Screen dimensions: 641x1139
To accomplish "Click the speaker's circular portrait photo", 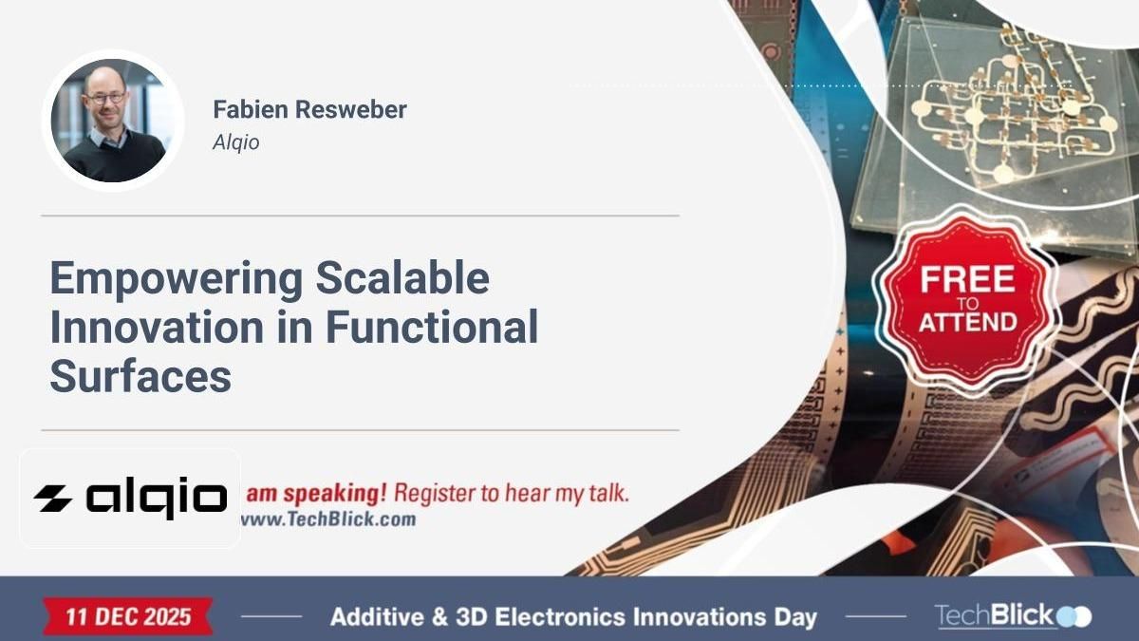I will pos(113,121).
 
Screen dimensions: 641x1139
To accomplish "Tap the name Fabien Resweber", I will pos(309,109).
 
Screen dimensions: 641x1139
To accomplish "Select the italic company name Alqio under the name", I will pos(235,142).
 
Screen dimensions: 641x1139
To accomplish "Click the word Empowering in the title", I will pos(176,279).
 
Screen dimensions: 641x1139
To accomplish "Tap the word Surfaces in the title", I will pos(140,375).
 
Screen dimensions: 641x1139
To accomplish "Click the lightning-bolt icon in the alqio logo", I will pos(53,498).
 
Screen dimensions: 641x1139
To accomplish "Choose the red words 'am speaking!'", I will pos(316,494).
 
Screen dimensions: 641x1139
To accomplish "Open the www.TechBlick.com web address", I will pos(328,519).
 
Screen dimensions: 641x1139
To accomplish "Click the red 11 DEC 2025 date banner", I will pos(127,616).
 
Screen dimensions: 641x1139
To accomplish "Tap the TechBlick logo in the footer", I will pos(1012,616).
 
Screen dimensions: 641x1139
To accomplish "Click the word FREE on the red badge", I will pos(966,280).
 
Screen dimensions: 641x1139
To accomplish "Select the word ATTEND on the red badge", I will pos(966,323).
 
